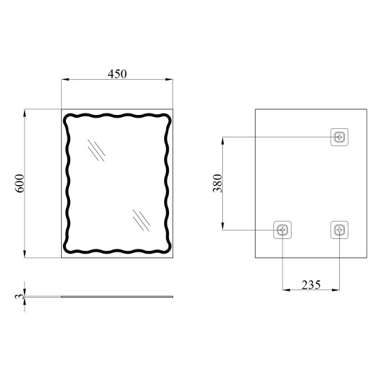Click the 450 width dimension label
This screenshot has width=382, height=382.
[x=117, y=74]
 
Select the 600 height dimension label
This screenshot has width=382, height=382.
[x=20, y=183]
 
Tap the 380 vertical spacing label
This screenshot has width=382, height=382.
[x=217, y=183]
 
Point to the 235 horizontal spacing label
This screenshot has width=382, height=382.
[x=311, y=285]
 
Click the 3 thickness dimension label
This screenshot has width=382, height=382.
[x=20, y=296]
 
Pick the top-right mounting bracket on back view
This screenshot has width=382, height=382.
[x=339, y=137]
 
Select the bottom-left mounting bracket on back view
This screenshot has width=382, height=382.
[x=282, y=230]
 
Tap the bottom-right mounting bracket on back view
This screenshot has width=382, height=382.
[x=339, y=230]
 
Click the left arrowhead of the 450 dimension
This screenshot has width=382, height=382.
[x=65, y=79]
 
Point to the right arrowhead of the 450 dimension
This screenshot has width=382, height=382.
[x=169, y=79]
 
